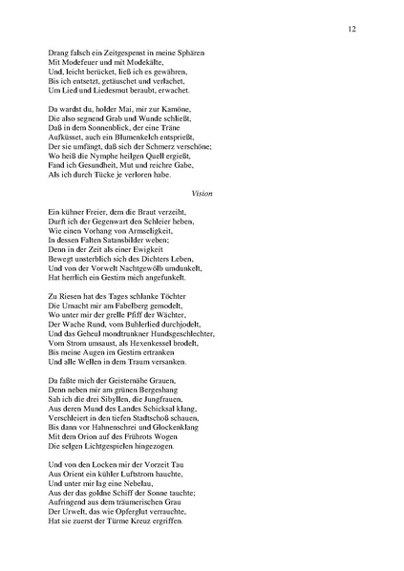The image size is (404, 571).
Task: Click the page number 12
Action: [352, 31]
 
